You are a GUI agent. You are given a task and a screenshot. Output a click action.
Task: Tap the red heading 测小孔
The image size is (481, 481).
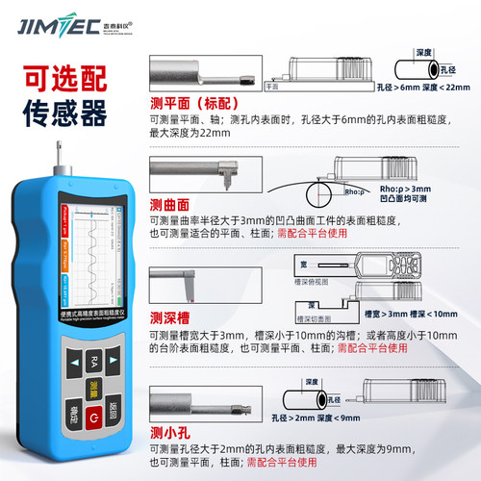click(169, 430)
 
